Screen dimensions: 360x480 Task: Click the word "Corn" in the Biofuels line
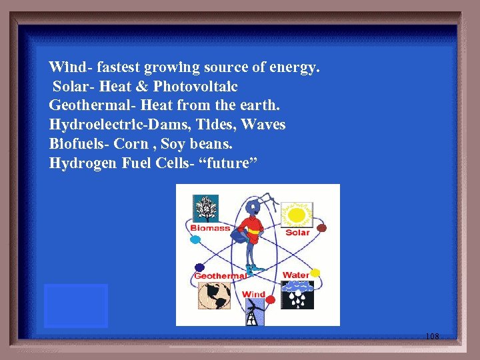pos(131,144)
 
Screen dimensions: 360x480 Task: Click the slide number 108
pos(432,337)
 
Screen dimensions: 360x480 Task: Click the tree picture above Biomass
pos(206,209)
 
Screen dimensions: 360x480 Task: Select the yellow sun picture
pos(297,215)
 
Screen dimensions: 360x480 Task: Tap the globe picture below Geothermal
pos(214,295)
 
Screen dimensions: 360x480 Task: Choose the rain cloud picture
pos(297,295)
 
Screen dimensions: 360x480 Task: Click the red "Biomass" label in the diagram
pos(210,228)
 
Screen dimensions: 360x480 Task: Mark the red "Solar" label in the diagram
pos(297,233)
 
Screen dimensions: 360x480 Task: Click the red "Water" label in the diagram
pos(295,275)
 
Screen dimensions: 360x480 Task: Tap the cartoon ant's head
pos(253,207)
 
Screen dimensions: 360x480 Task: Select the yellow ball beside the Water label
pos(315,273)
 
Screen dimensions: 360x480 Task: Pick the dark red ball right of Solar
pos(321,228)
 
